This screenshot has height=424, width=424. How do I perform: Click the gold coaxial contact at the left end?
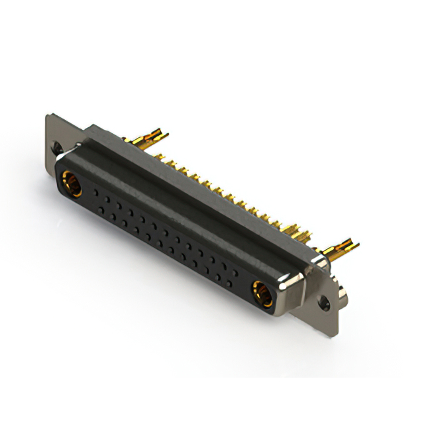point(71,184)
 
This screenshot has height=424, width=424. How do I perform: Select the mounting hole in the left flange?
point(57,150)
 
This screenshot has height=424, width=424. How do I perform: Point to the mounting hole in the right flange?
point(325,304)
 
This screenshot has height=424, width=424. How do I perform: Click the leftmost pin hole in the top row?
point(97,191)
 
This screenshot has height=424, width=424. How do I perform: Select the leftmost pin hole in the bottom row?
point(101,209)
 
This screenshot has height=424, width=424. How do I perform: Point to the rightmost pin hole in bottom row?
point(229,282)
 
